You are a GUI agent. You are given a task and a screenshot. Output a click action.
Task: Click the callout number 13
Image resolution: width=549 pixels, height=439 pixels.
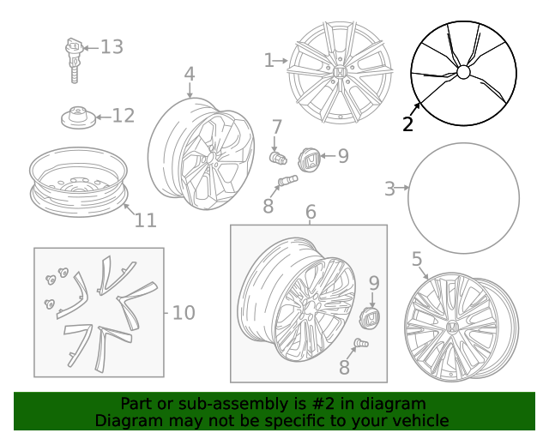coord(112,46)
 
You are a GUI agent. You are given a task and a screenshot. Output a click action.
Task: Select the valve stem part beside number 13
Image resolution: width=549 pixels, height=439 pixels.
coord(75,58)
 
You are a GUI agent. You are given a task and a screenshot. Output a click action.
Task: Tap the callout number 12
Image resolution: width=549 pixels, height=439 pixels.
coord(124,116)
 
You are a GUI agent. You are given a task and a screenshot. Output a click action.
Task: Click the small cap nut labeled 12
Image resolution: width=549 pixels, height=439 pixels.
coord(77,117)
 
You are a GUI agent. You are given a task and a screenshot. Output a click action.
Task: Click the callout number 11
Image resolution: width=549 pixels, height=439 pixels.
coord(145,220)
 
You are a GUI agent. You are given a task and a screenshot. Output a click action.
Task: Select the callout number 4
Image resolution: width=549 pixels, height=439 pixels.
coord(189,75)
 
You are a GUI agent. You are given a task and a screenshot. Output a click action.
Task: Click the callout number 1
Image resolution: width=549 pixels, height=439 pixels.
coord(269,60)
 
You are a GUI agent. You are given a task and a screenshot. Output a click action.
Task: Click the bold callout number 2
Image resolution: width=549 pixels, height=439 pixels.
coord(407,124)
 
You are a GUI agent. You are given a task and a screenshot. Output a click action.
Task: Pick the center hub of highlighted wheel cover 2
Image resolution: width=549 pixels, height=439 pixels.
coord(463,72)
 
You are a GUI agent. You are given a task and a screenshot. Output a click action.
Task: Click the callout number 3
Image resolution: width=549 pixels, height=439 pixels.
coord(389,189)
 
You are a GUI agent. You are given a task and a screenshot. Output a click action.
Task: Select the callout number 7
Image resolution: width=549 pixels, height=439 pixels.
coord(276,128)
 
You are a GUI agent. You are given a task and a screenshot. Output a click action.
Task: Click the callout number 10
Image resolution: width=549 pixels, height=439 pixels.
coord(184,313)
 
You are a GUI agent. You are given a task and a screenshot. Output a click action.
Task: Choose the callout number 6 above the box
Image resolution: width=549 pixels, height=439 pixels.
coord(311,212)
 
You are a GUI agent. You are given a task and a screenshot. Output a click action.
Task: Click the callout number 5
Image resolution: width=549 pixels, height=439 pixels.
coord(417,259)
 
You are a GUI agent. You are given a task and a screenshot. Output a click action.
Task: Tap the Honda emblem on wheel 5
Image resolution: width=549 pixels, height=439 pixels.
coord(449,328)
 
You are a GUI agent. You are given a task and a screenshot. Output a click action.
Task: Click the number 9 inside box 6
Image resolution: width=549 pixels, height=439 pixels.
coord(374,283)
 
